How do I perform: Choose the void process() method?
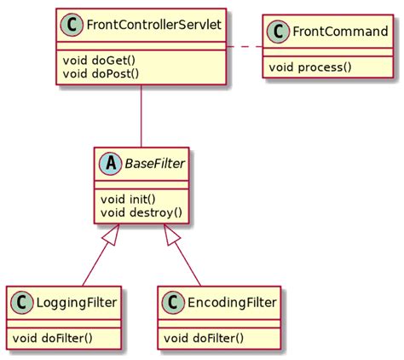point(309,67)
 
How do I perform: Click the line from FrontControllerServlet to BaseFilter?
point(141,114)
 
